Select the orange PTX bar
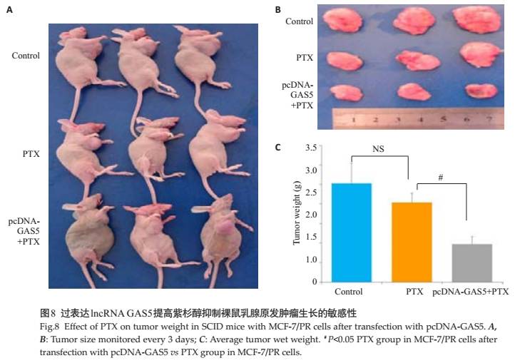pos(412,242)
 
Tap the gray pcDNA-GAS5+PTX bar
pos(472,262)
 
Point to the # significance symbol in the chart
pos(442,173)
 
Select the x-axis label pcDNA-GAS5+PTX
pos(471,292)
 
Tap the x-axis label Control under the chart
pos(348,292)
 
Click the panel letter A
pos(9,10)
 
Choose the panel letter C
pos(277,148)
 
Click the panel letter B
pos(277,10)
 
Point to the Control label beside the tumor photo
pos(299,21)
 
